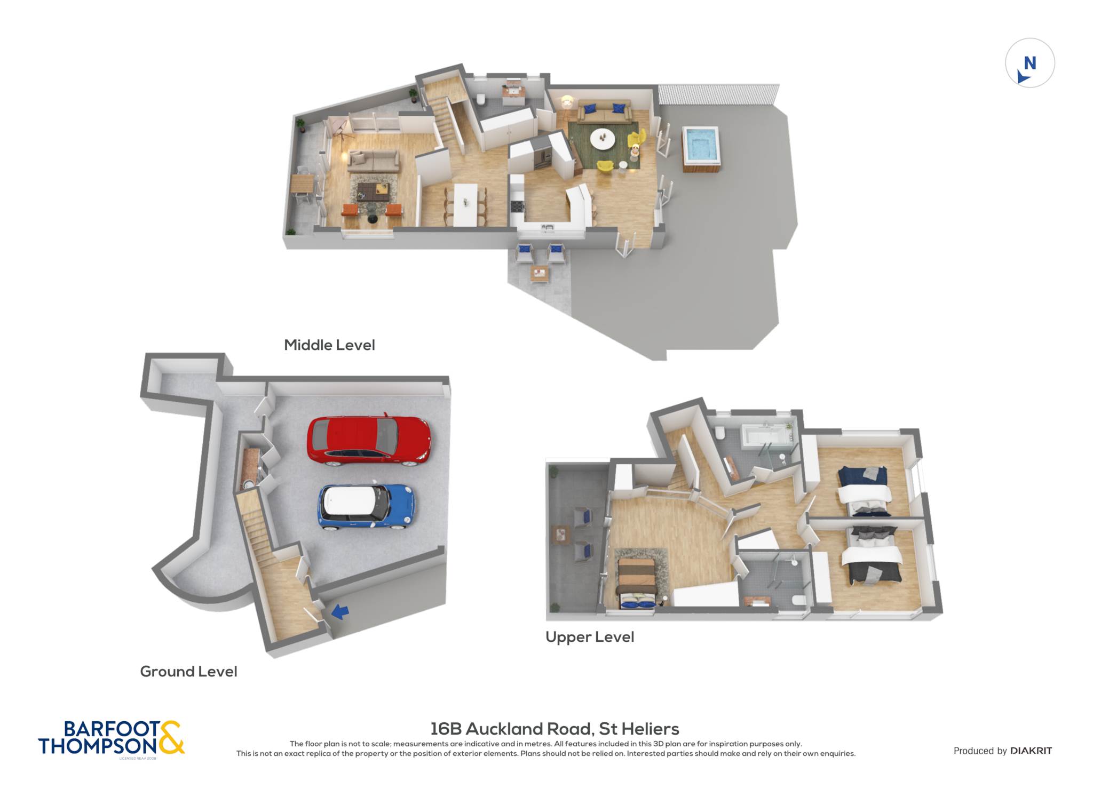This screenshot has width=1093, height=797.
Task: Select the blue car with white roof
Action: coord(367,506)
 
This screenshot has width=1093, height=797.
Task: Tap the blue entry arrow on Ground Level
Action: coord(340,611)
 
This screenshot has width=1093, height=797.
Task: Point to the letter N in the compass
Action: coord(1030,63)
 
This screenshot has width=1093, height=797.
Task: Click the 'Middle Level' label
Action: coord(329,345)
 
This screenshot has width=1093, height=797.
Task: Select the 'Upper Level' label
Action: coord(590,637)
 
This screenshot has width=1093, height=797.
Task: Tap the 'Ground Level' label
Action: coord(188,672)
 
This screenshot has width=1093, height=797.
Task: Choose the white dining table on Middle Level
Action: coord(465,205)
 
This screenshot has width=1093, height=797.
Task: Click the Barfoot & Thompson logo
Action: coord(112,738)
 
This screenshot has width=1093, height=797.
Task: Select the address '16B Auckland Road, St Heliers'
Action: coord(555,729)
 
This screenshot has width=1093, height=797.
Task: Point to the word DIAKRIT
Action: coord(1031,751)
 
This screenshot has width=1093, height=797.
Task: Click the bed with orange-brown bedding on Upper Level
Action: coord(636,583)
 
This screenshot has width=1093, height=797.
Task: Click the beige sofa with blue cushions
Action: coord(604,110)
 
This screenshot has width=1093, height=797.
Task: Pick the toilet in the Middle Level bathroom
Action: coord(480,99)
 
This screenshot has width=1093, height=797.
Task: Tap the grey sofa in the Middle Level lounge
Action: coord(373,160)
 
